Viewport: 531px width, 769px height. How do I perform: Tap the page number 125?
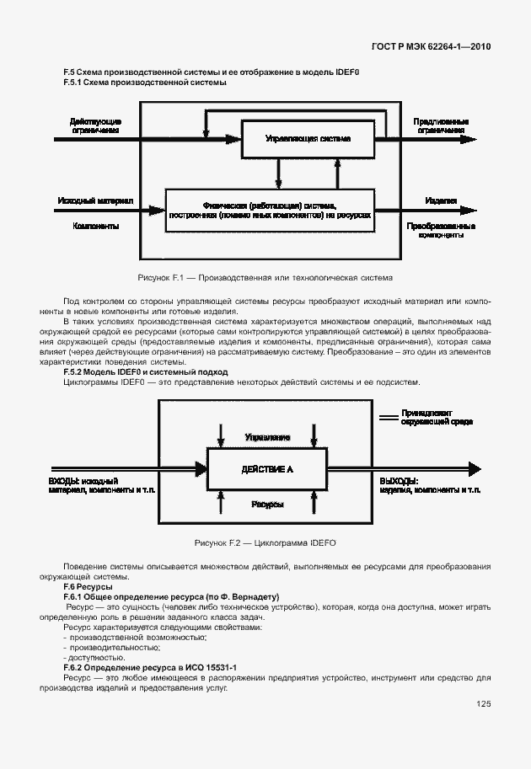pyautogui.click(x=483, y=705)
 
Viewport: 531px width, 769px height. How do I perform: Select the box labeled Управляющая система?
pyautogui.click(x=307, y=137)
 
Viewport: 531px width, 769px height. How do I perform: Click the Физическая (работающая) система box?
pyautogui.click(x=270, y=211)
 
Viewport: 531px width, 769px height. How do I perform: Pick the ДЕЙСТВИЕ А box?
pyautogui.click(x=266, y=468)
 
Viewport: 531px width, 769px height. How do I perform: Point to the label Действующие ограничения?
pyautogui.click(x=95, y=126)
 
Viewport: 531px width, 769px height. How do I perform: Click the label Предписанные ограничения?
pyautogui.click(x=441, y=126)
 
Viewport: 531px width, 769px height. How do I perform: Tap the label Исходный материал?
pyautogui.click(x=96, y=201)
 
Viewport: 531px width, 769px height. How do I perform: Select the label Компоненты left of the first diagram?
pyautogui.click(x=96, y=226)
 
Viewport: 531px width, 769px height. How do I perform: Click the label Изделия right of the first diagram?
pyautogui.click(x=441, y=202)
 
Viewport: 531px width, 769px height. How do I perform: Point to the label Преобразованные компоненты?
pyautogui.click(x=441, y=230)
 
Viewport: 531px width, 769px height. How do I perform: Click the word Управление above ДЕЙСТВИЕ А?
pyautogui.click(x=267, y=438)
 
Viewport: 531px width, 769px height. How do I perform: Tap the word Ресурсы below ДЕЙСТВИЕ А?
pyautogui.click(x=267, y=504)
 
